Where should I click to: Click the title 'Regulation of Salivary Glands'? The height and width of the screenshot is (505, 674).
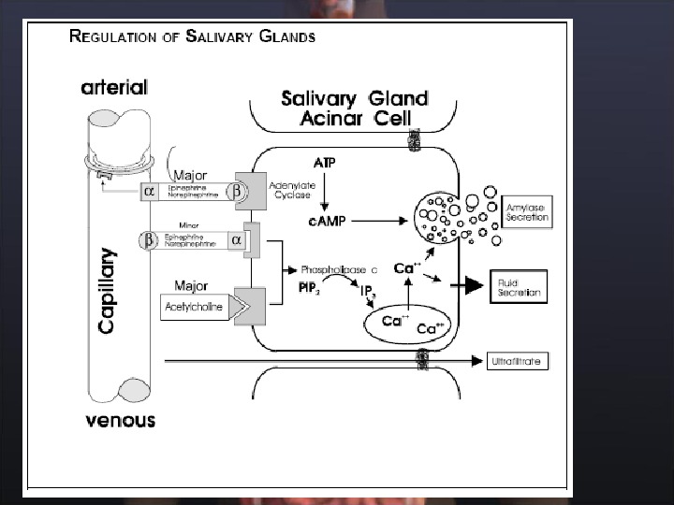point(193,37)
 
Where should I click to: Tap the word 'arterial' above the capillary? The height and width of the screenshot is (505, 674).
point(114,88)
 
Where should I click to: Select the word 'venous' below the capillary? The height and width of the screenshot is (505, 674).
point(120,420)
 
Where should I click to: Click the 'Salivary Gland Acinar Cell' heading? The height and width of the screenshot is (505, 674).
point(355,108)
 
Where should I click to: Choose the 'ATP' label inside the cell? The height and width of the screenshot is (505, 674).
point(325,163)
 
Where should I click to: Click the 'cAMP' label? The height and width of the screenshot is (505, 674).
point(327,221)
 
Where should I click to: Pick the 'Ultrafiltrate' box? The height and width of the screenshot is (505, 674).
point(516,361)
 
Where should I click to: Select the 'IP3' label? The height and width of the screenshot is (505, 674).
point(369,293)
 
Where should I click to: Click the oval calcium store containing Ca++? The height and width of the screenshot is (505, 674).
point(408,324)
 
